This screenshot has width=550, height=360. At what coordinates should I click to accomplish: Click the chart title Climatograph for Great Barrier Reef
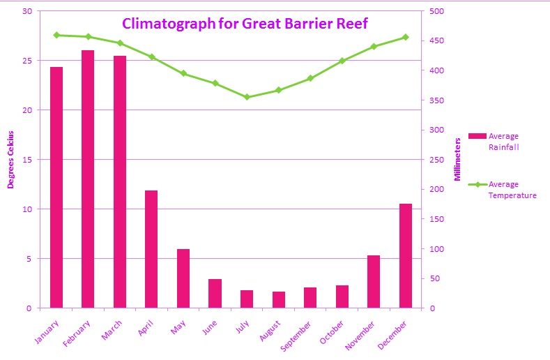coord(245,24)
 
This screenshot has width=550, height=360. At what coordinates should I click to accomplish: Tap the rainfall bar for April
coord(151,248)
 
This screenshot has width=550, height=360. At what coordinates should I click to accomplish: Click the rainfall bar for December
coord(406,255)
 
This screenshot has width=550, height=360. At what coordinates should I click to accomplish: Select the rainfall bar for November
coord(374,281)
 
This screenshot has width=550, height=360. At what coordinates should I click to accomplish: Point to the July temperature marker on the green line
coord(247,97)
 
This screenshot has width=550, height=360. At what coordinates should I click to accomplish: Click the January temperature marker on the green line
coord(56,35)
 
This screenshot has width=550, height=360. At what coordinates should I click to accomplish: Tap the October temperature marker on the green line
coord(342,61)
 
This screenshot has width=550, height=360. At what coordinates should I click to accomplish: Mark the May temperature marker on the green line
coord(183,73)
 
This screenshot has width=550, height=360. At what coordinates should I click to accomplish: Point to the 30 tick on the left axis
coord(27,11)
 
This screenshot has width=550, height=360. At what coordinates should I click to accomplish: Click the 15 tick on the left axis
coord(27,160)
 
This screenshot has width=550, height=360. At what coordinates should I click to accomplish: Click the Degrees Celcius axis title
coord(10,160)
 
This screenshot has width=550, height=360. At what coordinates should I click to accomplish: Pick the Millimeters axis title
coord(458,160)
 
